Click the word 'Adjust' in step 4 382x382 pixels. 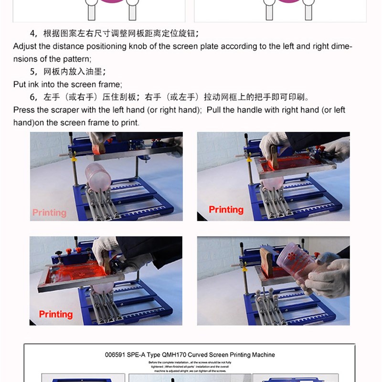[x=25, y=47]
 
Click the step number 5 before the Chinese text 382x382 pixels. [x=32, y=72]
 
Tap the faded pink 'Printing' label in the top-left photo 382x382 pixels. [x=49, y=212]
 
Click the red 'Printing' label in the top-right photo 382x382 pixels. [x=226, y=210]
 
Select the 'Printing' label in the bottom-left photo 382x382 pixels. [x=55, y=314]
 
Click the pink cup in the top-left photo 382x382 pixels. [x=98, y=176]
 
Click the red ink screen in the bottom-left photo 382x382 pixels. [x=76, y=271]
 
